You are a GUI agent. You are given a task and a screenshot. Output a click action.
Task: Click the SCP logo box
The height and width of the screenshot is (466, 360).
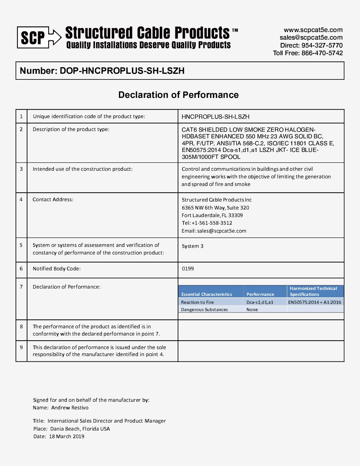pyautogui.click(x=33, y=37)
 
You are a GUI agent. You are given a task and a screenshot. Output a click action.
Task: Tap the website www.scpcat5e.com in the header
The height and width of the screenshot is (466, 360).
pyautogui.click(x=313, y=30)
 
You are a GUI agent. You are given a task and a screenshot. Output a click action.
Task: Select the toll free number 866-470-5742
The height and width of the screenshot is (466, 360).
pyautogui.click(x=322, y=53)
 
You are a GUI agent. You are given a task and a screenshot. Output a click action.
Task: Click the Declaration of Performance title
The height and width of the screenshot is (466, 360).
pyautogui.click(x=178, y=95)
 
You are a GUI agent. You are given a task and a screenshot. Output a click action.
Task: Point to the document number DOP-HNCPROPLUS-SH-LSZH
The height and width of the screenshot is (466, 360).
pyautogui.click(x=122, y=71)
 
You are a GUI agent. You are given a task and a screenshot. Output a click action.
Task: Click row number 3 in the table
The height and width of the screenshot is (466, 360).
pyautogui.click(x=21, y=169)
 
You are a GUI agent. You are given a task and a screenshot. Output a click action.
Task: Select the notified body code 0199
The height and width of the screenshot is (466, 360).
pyautogui.click(x=188, y=269)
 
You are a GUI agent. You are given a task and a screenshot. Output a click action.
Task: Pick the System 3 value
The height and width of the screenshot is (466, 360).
pyautogui.click(x=193, y=246)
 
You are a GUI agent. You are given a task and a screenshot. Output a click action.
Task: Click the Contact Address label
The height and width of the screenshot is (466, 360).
pyautogui.click(x=53, y=200)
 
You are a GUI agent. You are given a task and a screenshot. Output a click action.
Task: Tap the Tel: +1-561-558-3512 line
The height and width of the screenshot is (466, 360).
pyautogui.click(x=207, y=223)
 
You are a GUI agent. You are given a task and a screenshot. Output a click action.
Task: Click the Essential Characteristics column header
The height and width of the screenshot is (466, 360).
pyautogui.click(x=207, y=294)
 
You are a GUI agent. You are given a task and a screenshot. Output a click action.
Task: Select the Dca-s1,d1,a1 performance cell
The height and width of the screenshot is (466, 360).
pyautogui.click(x=260, y=302)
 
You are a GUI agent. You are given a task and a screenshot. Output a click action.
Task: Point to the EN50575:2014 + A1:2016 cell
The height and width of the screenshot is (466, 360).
pyautogui.click(x=314, y=302)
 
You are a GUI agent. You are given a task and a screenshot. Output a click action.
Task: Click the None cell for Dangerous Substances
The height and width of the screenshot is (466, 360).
pyautogui.click(x=252, y=310)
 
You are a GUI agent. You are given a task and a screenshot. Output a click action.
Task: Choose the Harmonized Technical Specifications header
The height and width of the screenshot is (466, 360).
pyautogui.click(x=313, y=291)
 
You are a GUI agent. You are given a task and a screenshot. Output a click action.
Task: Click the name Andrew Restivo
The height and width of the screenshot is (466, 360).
pyautogui.click(x=70, y=408)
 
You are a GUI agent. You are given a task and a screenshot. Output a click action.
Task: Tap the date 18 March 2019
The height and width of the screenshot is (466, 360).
pyautogui.click(x=67, y=437)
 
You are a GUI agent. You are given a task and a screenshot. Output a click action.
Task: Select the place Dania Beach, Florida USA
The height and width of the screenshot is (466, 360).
pyautogui.click(x=80, y=429)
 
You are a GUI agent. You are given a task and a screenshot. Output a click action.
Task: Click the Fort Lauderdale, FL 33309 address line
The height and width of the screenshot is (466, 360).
pyautogui.click(x=212, y=215)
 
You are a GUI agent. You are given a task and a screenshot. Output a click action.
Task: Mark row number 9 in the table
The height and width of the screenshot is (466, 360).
pyautogui.click(x=21, y=348)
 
